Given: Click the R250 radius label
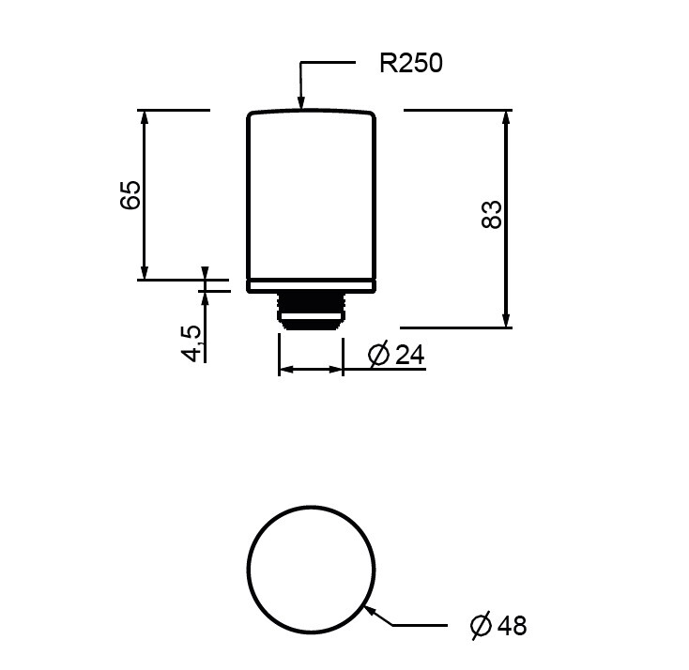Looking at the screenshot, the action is (411, 63).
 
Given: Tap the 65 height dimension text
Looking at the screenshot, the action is (130, 194).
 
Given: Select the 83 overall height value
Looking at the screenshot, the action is (492, 214).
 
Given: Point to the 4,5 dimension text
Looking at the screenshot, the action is (191, 343).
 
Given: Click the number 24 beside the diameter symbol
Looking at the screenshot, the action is (410, 355).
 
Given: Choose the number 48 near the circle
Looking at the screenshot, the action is (513, 625).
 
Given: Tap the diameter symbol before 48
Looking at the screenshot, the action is (481, 625).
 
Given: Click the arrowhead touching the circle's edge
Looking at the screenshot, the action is (372, 611).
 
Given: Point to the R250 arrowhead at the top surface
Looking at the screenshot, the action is (301, 102).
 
